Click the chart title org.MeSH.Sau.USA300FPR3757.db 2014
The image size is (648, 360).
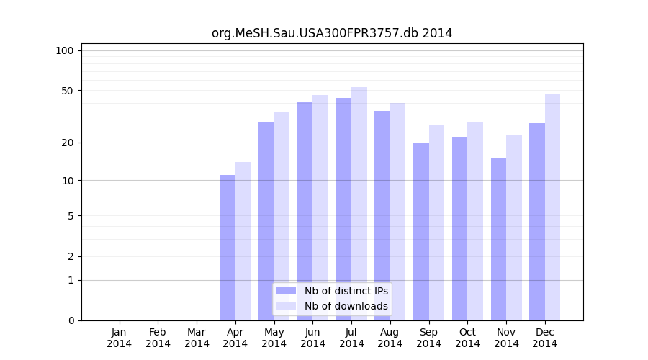coord(332,33)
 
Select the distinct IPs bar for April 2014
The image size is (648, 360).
coord(228,248)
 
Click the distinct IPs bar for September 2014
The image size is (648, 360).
coord(421,231)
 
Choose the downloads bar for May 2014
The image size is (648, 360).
coord(282,216)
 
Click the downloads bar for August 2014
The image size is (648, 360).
coord(397,212)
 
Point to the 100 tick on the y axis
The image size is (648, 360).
coord(65,50)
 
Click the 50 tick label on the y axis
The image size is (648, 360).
coord(68,91)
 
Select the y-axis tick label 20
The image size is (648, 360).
coord(68,143)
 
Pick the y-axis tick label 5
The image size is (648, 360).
coord(71,215)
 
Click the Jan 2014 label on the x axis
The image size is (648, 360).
coord(120,338)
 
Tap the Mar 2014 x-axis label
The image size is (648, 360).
coord(197,338)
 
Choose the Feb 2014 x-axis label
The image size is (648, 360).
coord(158,338)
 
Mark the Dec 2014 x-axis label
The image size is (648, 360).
coord(545,338)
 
